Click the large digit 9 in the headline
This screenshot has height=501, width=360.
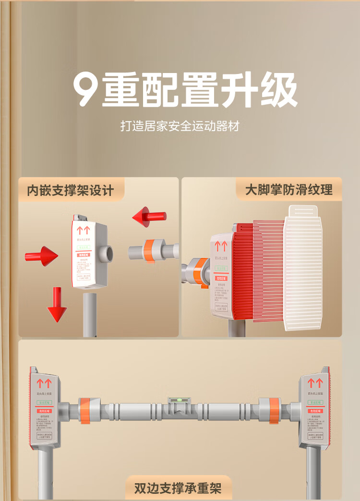tap(86, 90)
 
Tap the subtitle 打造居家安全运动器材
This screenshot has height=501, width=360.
tap(180, 126)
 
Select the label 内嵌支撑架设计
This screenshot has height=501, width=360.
tap(71, 190)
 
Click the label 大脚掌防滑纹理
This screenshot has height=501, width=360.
tap(289, 190)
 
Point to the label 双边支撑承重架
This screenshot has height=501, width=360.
tap(178, 489)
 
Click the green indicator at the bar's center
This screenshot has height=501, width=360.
tap(179, 400)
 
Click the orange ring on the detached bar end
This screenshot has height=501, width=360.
tap(150, 251)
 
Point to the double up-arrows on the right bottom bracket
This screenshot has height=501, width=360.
tap(315, 383)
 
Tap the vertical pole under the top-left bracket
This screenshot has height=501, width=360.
tap(90, 315)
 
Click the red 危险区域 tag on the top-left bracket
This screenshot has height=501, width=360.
tap(85, 255)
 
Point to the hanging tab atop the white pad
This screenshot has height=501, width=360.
tap(303, 211)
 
